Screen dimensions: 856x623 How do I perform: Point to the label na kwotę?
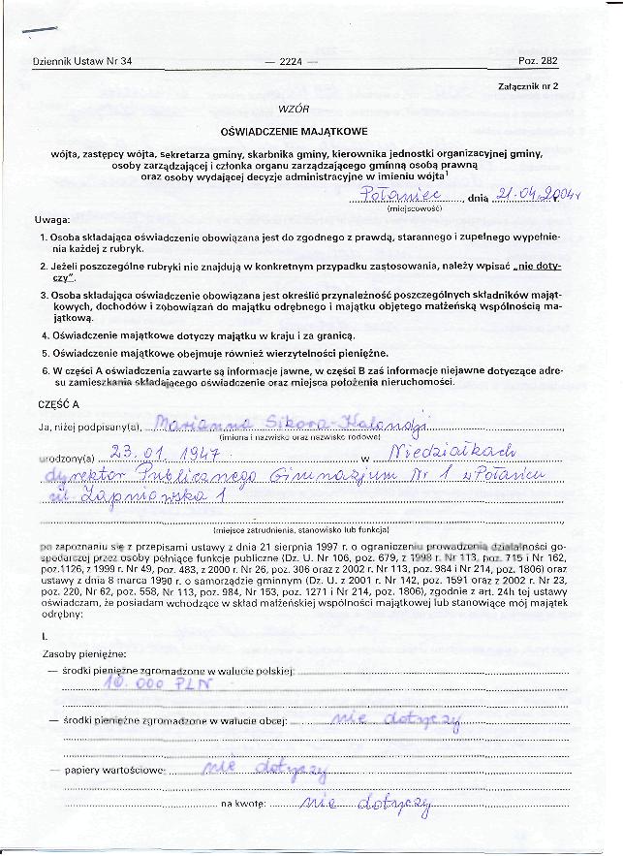pyautogui.click(x=243, y=805)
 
